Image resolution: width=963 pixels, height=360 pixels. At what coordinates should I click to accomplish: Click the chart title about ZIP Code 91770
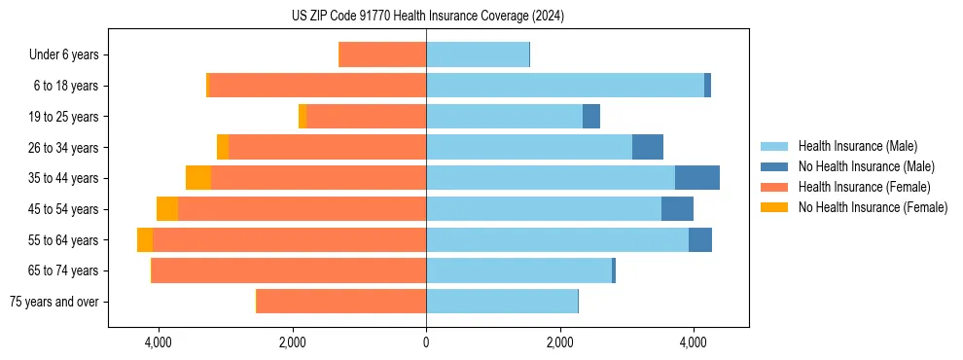coord(428,16)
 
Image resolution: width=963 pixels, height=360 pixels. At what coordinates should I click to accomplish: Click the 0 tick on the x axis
coord(426,342)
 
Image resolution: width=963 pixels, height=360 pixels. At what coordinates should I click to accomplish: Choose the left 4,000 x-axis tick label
coord(158,342)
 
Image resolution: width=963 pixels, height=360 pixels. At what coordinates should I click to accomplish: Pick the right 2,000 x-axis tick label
coord(559,342)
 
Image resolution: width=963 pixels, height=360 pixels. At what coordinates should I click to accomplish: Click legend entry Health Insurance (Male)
coord(857,146)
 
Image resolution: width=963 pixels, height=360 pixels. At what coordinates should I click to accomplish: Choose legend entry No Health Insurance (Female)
coord(873,207)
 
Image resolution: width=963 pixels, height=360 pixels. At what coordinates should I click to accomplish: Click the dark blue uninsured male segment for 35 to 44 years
coord(697,178)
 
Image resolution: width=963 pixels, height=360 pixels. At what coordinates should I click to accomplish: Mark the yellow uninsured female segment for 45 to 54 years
coord(167,209)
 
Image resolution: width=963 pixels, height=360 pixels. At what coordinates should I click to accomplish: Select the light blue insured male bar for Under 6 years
coord(478,55)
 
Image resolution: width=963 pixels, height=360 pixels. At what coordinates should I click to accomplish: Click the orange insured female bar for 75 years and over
coord(341,302)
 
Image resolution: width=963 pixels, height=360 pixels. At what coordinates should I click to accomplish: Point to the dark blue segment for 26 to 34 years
coord(648,147)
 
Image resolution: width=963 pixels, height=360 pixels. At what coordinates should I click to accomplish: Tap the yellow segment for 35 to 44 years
coord(198,178)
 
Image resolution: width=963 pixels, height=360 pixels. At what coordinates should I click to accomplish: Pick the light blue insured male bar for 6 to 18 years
coord(565,86)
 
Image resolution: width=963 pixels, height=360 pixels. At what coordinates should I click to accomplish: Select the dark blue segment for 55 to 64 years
coord(700,239)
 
